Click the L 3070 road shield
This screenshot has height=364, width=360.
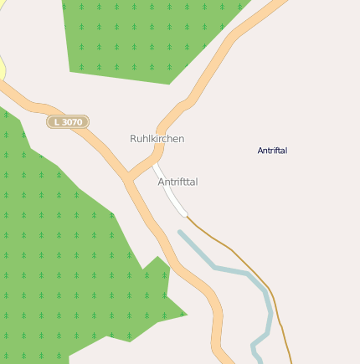[68, 122]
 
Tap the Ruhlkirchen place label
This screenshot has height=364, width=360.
[157, 138]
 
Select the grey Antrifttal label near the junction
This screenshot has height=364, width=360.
[177, 182]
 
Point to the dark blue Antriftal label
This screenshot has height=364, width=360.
[272, 151]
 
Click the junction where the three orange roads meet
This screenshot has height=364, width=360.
[127, 179]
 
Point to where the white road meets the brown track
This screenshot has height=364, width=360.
[186, 215]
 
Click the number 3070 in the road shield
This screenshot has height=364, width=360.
[72, 122]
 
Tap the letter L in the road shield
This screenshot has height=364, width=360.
[56, 122]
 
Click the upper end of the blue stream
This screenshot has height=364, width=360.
[180, 233]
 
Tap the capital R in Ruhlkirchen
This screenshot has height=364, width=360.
[133, 138]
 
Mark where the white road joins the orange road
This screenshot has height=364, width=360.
[154, 165]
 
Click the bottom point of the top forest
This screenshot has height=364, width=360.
[170, 84]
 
